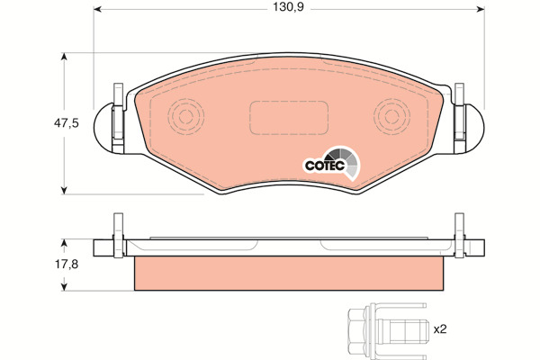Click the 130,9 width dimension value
pos(288,7)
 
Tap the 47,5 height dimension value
pos(67,123)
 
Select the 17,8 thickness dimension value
pos(67,265)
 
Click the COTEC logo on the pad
pos(331,163)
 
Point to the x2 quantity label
pos(440,329)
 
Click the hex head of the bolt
pos(359,330)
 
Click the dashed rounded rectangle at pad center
pos(289,118)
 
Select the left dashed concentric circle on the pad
pos(185,116)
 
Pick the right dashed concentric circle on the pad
pos(391,116)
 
